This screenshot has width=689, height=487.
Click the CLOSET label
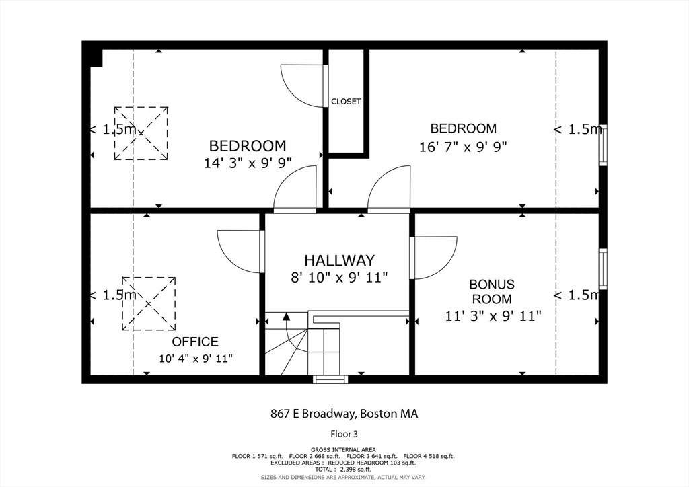click(x=346, y=102)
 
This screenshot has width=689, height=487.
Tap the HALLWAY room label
click(x=340, y=260)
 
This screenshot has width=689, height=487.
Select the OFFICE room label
click(x=195, y=342)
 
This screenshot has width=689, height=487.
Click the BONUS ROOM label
click(x=492, y=291)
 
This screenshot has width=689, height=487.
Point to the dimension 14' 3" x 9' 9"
click(x=248, y=163)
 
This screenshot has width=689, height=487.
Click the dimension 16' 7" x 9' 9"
click(x=463, y=146)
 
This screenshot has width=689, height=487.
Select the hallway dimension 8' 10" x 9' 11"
click(x=339, y=278)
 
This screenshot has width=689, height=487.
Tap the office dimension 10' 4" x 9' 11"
click(x=196, y=359)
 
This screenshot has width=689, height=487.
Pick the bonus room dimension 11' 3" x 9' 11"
click(x=493, y=315)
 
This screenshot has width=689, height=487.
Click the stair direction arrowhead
click(x=287, y=316)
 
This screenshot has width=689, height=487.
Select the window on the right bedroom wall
click(x=604, y=145)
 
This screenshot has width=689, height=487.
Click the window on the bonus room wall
click(x=604, y=269)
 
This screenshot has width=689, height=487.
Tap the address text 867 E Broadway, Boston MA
click(x=344, y=414)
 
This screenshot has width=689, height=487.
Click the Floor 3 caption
click(x=344, y=434)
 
